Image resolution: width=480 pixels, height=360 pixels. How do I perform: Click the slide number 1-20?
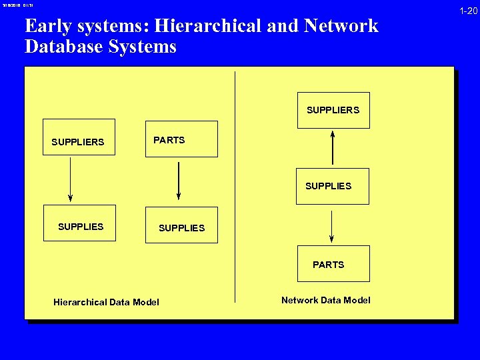[x=467, y=11]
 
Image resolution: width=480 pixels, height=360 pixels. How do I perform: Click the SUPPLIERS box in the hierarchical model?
[x=79, y=137]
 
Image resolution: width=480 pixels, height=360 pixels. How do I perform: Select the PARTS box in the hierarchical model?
[x=181, y=139]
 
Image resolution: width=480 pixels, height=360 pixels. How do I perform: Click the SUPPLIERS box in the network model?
[x=333, y=110]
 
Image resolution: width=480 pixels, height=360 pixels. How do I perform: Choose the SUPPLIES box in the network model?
[x=332, y=186]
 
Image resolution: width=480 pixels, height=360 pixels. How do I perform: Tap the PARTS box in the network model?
[x=333, y=263]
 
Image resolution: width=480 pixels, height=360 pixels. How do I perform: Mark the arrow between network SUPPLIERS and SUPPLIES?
[x=333, y=147]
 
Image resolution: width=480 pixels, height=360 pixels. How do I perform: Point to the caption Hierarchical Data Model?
[x=106, y=302]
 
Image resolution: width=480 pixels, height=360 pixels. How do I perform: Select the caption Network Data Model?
[x=325, y=300]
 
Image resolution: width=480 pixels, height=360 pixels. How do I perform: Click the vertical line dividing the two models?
[x=235, y=187]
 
